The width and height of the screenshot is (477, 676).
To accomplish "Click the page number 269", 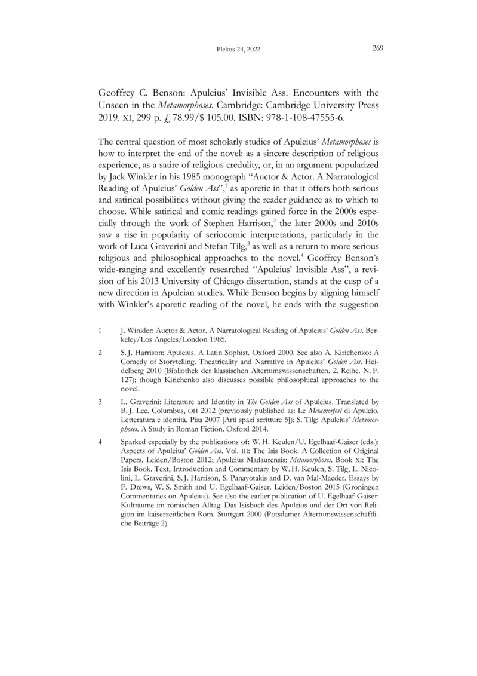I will pos(377,50).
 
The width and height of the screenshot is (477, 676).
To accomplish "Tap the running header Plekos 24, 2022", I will pos(238,51).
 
